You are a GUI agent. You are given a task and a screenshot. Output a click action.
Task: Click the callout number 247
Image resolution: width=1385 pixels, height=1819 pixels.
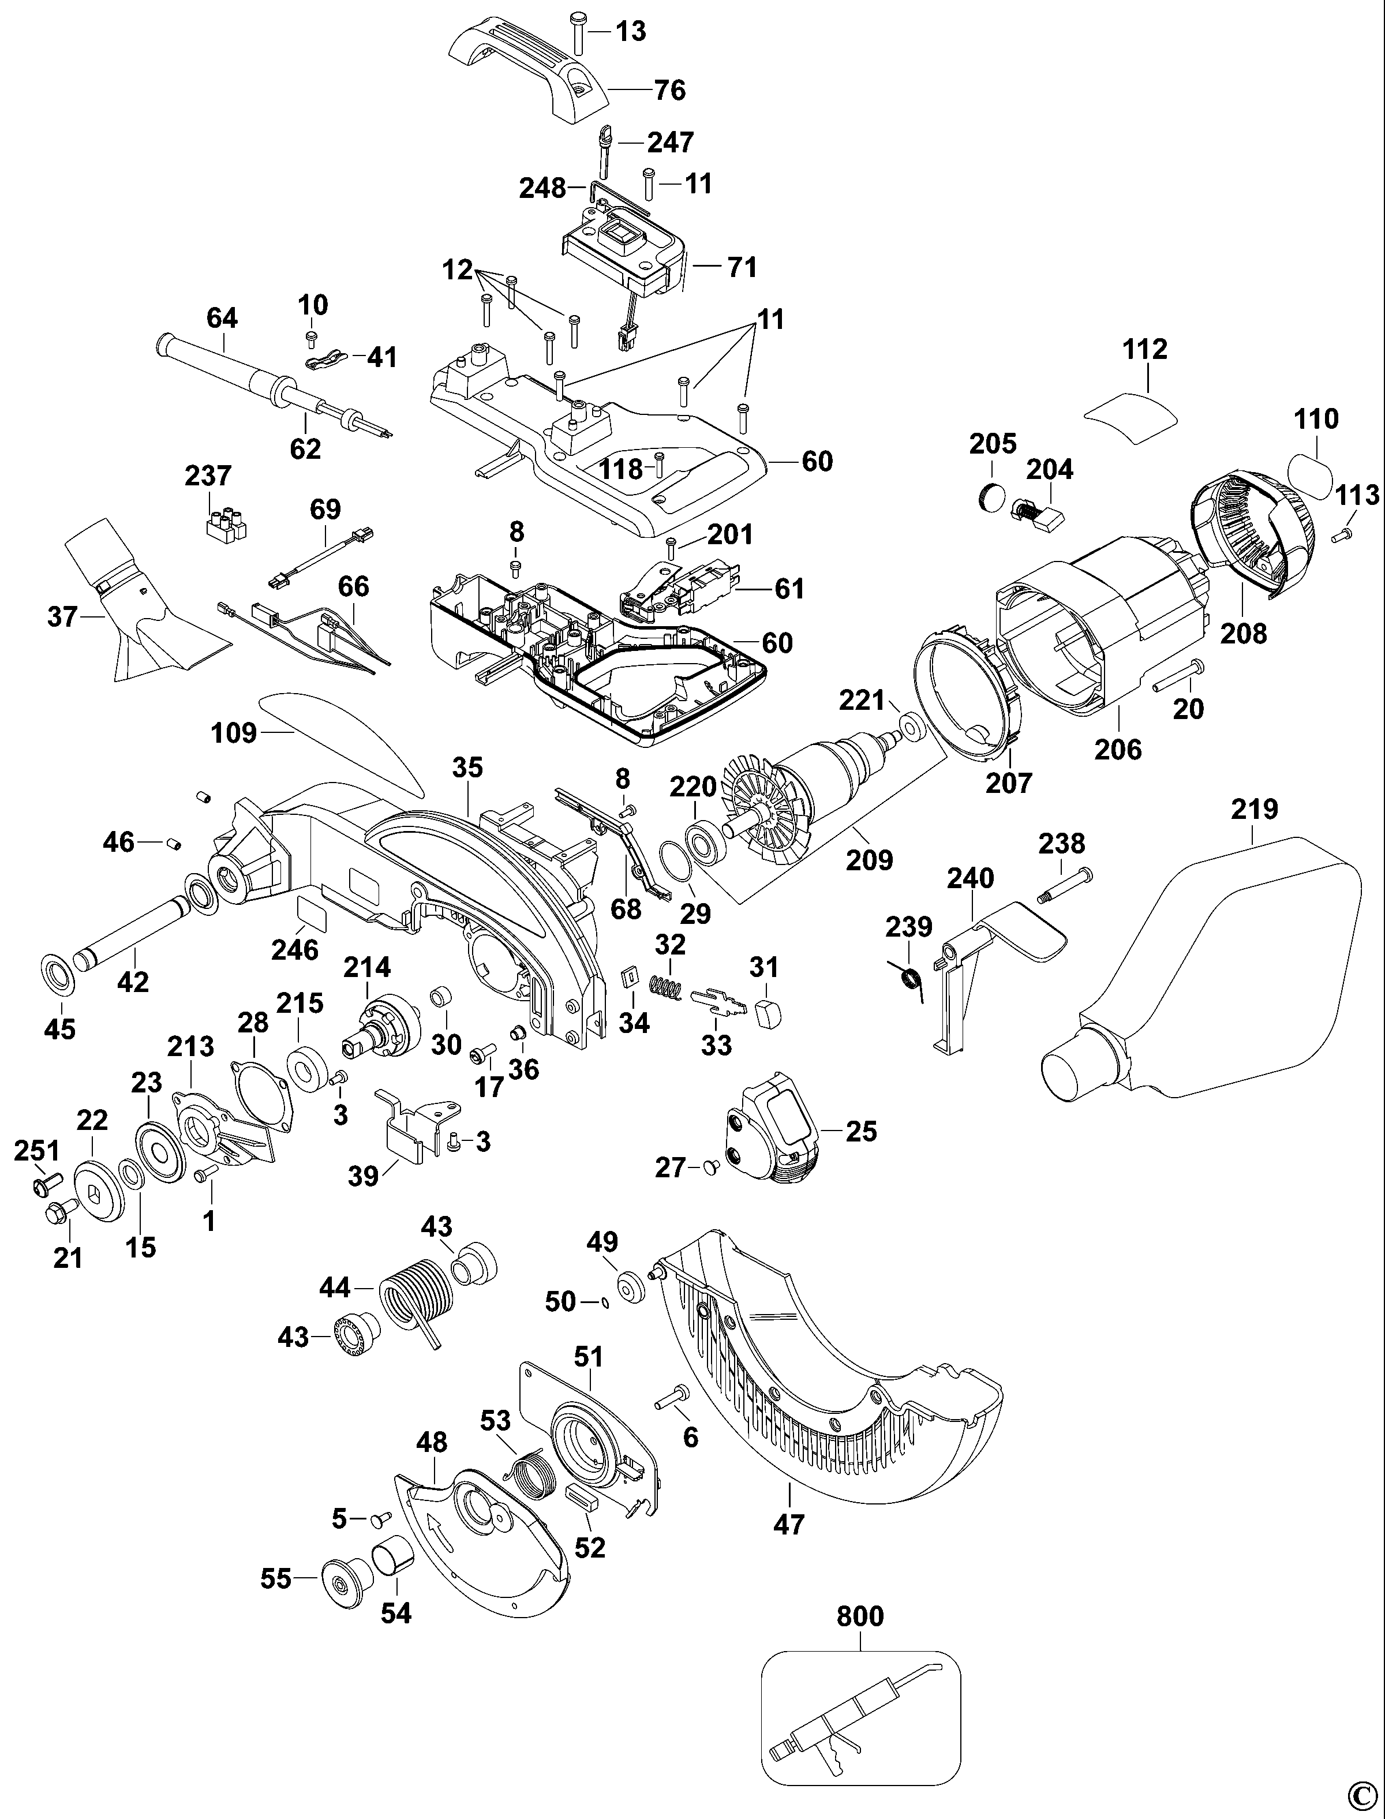pyautogui.click(x=670, y=142)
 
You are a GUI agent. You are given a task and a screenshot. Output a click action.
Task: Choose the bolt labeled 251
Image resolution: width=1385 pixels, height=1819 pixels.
pyautogui.click(x=41, y=1184)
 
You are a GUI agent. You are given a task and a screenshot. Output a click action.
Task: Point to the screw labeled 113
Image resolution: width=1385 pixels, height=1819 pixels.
pyautogui.click(x=1341, y=535)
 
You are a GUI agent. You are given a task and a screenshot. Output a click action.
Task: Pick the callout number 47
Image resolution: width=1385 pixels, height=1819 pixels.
pyautogui.click(x=788, y=1524)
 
